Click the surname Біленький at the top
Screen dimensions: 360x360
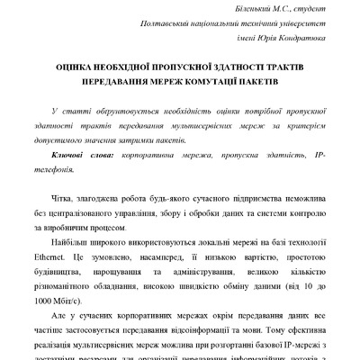click(x=222, y=7)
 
